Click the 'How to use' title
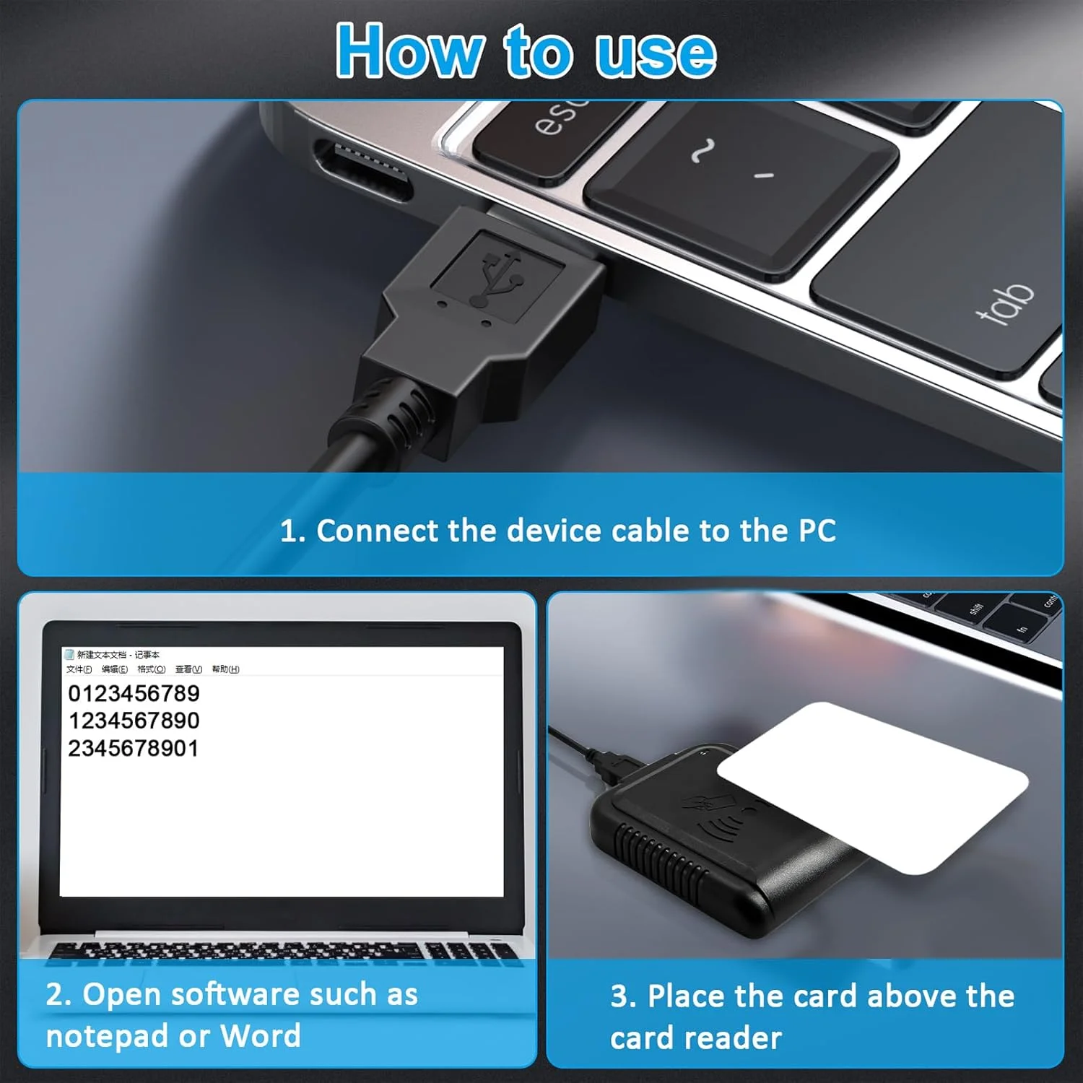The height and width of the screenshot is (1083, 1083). pyautogui.click(x=526, y=51)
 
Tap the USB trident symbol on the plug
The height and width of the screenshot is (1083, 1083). pyautogui.click(x=497, y=278)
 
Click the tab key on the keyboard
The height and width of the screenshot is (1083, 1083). pyautogui.click(x=1004, y=303)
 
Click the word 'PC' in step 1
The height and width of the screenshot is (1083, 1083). pyautogui.click(x=817, y=531)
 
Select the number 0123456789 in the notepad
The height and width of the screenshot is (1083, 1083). pyautogui.click(x=134, y=693)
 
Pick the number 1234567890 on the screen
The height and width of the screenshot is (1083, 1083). pyautogui.click(x=134, y=721)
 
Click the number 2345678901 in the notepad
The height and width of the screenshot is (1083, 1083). pyautogui.click(x=134, y=748)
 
